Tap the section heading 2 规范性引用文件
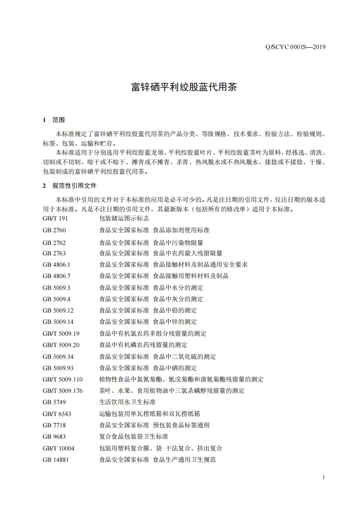point(69,186)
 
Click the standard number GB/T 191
point(55,218)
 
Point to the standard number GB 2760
point(54,230)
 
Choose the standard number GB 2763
point(54,253)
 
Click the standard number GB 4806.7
point(57,276)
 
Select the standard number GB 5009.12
point(58,310)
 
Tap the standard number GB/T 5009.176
point(63,391)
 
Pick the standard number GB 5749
point(54,402)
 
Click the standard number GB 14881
point(56,460)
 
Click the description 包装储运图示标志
point(124,218)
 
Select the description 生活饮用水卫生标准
point(127,402)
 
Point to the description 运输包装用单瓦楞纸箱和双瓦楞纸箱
point(150,414)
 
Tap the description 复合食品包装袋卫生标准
point(133,436)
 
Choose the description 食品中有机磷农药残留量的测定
point(143,345)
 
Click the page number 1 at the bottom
point(323,477)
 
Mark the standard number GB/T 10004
point(59,448)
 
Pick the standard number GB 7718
point(54,425)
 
